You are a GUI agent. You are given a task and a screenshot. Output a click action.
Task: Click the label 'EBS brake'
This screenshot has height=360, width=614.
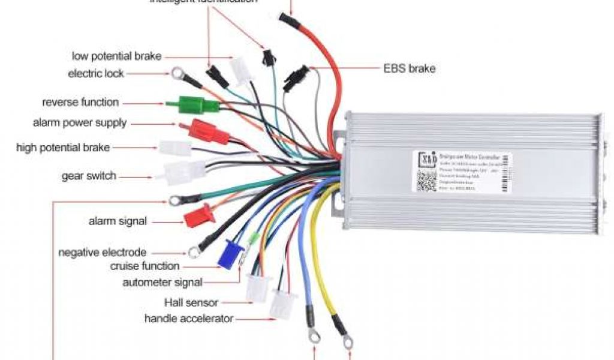(409, 68)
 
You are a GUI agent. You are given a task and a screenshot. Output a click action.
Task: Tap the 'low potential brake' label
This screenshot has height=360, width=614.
(116, 56)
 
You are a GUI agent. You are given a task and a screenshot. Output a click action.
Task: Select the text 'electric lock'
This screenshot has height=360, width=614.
(96, 74)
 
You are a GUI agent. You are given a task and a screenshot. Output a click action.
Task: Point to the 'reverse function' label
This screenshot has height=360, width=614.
(80, 103)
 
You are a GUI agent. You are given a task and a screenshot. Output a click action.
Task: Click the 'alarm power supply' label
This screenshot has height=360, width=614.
(80, 123)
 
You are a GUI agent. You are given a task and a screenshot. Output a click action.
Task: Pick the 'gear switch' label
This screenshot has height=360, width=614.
(89, 176)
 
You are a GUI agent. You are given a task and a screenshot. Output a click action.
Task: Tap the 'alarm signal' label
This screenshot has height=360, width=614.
(118, 221)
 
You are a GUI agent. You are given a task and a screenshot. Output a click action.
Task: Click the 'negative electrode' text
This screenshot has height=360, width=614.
(102, 253)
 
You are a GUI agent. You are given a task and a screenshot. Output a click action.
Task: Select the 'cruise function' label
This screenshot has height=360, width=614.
(145, 266)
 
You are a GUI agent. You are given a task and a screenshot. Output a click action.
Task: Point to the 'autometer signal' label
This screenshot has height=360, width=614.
(162, 282)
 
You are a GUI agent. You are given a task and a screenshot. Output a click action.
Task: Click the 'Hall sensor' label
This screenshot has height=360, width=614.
(191, 302)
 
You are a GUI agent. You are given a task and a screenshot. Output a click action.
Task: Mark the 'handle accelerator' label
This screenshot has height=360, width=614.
(188, 319)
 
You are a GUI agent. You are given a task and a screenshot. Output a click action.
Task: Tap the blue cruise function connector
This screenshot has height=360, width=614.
(230, 254)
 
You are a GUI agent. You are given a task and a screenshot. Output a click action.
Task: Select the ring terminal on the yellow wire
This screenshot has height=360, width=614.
(347, 341)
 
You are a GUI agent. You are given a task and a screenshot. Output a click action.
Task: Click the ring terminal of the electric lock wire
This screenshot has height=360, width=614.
(177, 74)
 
